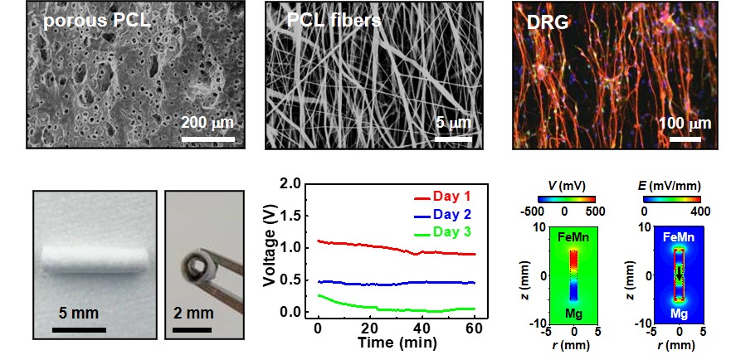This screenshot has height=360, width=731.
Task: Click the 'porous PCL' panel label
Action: point(96,19)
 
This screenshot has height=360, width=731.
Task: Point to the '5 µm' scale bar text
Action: point(453,124)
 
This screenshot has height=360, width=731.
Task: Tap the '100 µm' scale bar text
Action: point(686,124)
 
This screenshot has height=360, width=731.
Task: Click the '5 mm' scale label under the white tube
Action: point(79,316)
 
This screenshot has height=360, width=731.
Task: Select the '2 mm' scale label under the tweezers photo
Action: point(192,316)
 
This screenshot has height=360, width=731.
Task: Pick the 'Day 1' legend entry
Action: point(456,197)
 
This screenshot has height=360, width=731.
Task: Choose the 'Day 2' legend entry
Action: point(456,215)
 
